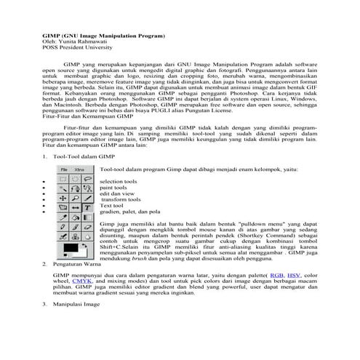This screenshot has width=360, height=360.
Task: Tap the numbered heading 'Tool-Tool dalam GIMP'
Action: (84, 177)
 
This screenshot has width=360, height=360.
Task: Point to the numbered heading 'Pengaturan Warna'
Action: (80, 264)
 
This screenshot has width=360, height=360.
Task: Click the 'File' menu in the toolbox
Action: (63, 188)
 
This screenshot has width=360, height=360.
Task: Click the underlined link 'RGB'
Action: (276, 277)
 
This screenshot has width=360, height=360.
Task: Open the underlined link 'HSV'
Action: (293, 277)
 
